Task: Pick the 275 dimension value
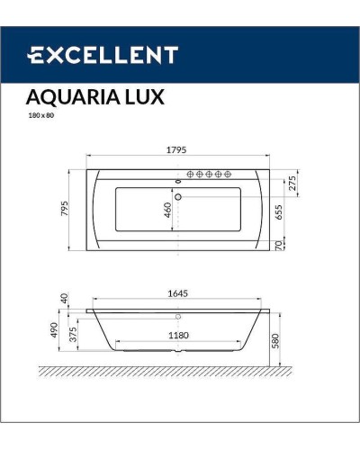[x=291, y=183]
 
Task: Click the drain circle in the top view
[x=178, y=196]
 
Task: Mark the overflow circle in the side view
[x=178, y=317]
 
